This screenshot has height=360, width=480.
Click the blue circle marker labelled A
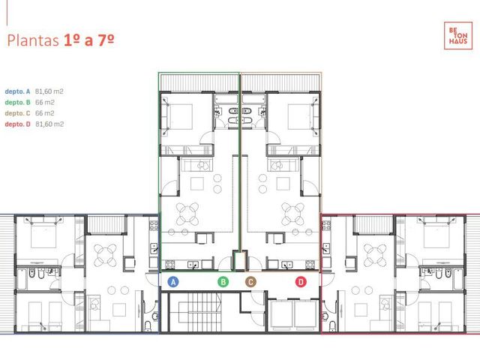173,282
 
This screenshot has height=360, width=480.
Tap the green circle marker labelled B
223,282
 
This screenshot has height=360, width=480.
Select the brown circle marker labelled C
250,282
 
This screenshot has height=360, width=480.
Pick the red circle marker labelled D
301,282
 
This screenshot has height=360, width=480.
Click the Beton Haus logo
458,35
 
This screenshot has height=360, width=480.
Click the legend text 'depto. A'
17,91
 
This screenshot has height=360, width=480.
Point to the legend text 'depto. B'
17,103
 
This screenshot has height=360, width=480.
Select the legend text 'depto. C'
17,113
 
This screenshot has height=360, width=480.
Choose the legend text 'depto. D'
17,124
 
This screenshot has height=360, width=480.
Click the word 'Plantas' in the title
33,40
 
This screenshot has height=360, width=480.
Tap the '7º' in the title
106,40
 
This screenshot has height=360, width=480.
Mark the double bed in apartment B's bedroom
180,117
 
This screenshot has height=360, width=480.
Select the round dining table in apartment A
105,255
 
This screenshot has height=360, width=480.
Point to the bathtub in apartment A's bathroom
22,279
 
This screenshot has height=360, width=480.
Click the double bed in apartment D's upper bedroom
436,232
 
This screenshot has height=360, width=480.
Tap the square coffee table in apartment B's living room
196,184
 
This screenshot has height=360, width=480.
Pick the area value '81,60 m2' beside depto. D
49,124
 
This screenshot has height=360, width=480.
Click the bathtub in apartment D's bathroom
458,279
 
